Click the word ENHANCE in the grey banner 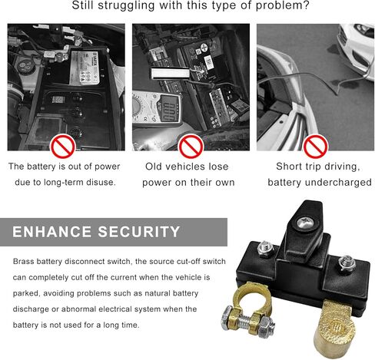coord(51,232)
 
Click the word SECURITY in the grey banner coord(139,232)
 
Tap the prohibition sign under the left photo coord(63,146)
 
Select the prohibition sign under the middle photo coord(191,146)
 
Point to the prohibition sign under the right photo coord(315,146)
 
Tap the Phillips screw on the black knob coord(306,223)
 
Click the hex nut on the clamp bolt coord(267,326)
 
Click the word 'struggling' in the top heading coord(126,5)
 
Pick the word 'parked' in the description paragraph coord(27,293)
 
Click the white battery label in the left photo coord(85,68)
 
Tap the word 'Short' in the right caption coord(289,167)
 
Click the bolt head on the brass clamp coord(227,318)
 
